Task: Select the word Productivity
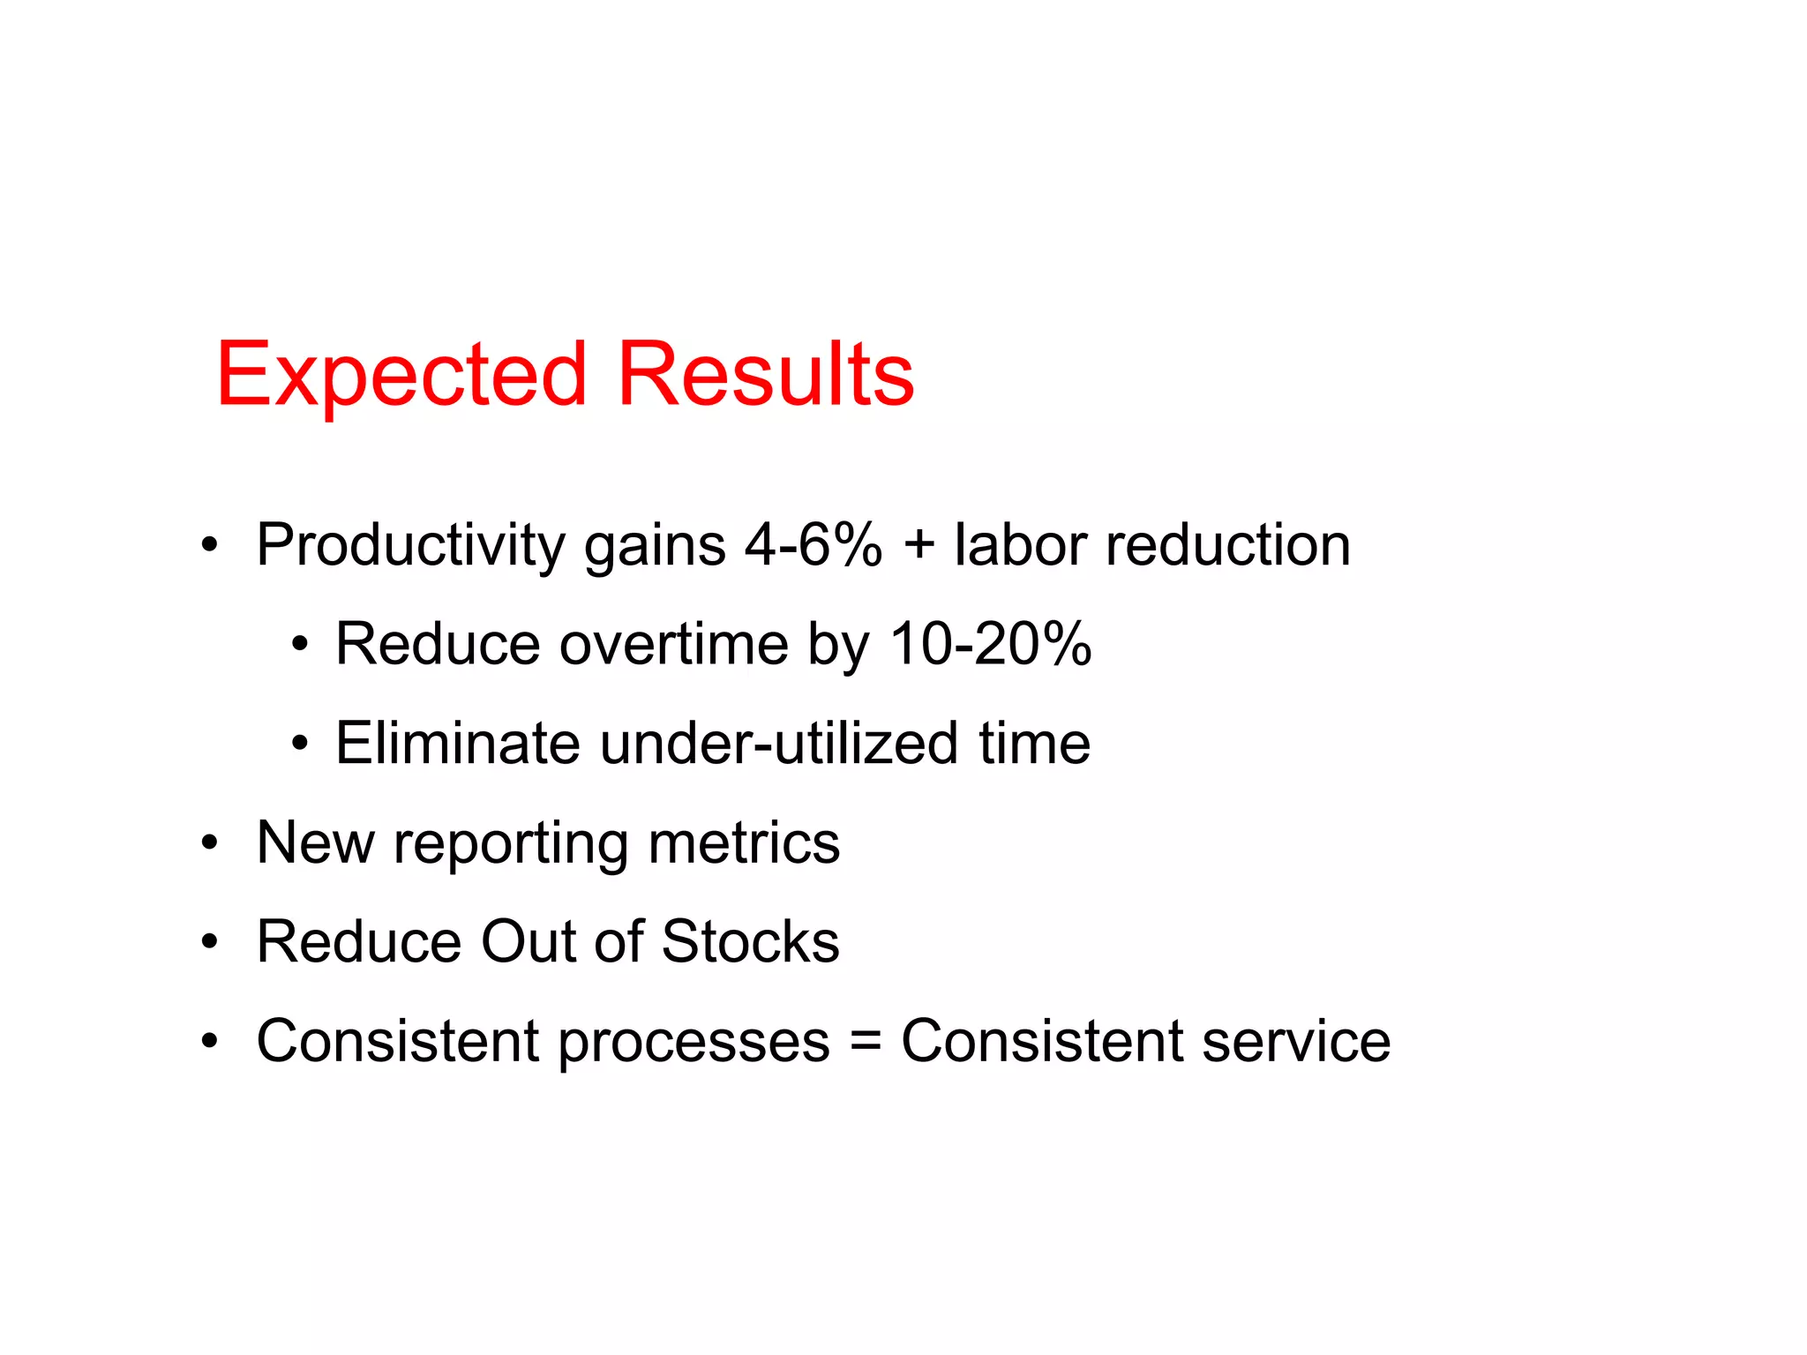pos(410,545)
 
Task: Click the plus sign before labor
pos(918,543)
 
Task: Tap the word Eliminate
pos(457,743)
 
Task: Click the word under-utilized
pos(778,743)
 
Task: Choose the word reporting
pos(511,845)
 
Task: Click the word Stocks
pos(750,941)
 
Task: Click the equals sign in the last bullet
pos(866,1041)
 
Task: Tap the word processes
pos(694,1044)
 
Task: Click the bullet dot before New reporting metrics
pos(209,844)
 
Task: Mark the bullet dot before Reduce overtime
pos(300,646)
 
